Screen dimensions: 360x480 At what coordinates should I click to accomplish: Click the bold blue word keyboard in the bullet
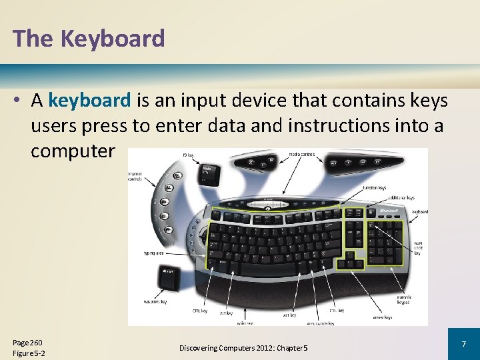coord(90,101)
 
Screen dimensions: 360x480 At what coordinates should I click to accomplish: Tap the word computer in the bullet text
coord(72,151)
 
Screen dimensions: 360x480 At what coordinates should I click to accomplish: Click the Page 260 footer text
coord(27,342)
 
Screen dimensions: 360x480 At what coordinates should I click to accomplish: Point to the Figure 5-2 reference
coord(29,353)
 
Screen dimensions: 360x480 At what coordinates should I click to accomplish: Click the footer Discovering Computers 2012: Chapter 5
coord(243,349)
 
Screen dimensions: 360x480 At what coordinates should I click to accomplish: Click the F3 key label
coord(189,155)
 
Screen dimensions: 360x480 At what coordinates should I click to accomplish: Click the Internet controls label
coord(136,176)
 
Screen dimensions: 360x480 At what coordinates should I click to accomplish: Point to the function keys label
coord(374,188)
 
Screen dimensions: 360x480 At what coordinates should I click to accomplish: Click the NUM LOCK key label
coord(419,247)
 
